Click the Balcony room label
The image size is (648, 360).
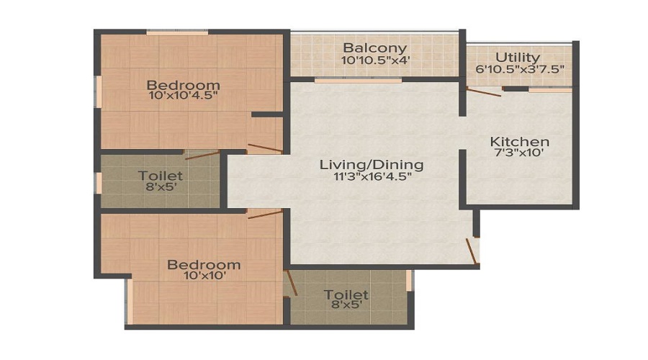(375, 48)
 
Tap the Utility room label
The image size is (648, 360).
(518, 57)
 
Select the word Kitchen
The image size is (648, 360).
(519, 142)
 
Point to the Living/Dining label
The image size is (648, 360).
(372, 165)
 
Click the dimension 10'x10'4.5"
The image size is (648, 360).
(183, 96)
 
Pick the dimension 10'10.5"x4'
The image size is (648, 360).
(375, 60)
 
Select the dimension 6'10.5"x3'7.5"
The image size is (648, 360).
(520, 69)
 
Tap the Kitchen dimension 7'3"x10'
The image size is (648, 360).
(519, 153)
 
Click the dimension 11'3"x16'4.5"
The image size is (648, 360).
(373, 177)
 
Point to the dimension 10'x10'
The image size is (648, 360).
(203, 275)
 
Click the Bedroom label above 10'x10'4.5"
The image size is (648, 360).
(183, 85)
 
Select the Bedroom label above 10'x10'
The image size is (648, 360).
(204, 264)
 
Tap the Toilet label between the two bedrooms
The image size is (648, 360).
(161, 176)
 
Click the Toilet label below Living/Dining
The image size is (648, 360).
(346, 294)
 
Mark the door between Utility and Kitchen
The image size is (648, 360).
(484, 91)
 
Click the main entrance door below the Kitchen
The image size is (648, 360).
(472, 251)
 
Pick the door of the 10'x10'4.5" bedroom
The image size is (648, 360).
(265, 148)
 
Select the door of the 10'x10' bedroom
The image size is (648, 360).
(265, 214)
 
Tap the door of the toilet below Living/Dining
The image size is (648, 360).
(291, 283)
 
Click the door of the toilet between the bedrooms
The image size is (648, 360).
(202, 156)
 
